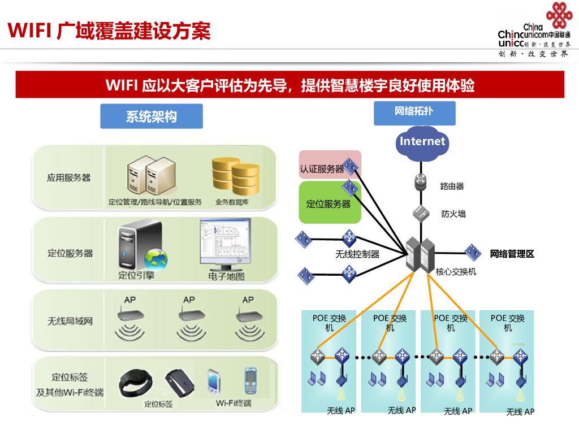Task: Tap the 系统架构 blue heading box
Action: point(151,116)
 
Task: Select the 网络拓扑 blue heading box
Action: point(414,112)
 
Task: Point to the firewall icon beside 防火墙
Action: point(421,213)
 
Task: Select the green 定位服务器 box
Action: point(328,202)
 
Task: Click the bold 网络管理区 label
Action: point(512,254)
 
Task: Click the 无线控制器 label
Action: point(357,254)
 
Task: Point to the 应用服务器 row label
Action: point(68,177)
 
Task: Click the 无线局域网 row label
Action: point(70,321)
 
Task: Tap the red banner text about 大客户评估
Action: point(289,85)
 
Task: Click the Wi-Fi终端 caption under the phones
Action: point(234,403)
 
